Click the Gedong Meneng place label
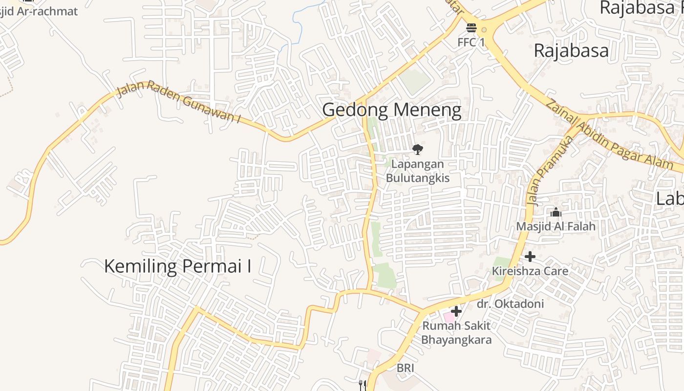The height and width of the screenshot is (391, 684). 391,110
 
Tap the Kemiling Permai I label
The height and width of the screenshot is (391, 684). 178,266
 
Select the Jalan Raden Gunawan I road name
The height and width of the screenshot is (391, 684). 179,102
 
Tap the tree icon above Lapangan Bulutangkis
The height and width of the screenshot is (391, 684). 417,149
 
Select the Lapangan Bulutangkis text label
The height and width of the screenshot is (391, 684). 417,171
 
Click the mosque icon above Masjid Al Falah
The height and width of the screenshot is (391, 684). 556,213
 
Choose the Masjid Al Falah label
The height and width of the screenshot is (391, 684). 556,226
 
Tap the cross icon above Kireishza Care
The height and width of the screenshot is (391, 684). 530,257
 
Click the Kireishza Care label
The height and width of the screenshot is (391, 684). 530,271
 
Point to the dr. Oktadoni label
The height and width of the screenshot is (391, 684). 510,304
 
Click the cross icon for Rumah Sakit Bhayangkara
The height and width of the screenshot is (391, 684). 456,311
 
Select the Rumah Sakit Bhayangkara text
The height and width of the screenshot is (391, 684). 456,332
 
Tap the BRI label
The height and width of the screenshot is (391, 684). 405,368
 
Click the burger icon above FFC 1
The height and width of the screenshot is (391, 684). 471,27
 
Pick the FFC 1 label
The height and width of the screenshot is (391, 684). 471,43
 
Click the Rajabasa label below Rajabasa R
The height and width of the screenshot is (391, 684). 571,50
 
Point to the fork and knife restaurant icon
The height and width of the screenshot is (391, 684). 363,385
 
